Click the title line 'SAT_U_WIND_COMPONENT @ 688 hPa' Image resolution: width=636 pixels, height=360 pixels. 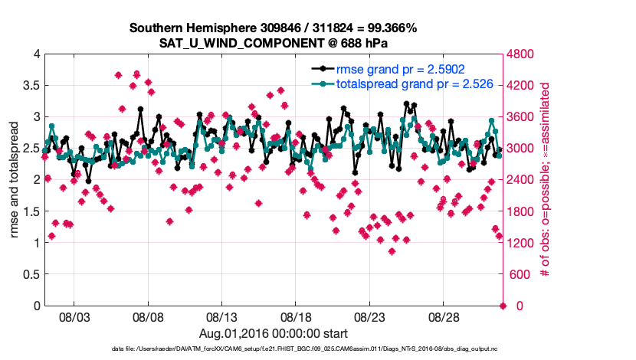coord(273,42)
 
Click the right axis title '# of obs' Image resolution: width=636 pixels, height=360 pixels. coord(545,180)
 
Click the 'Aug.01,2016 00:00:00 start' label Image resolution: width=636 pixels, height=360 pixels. coord(274,333)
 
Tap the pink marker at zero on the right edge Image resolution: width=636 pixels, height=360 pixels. coord(503,306)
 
